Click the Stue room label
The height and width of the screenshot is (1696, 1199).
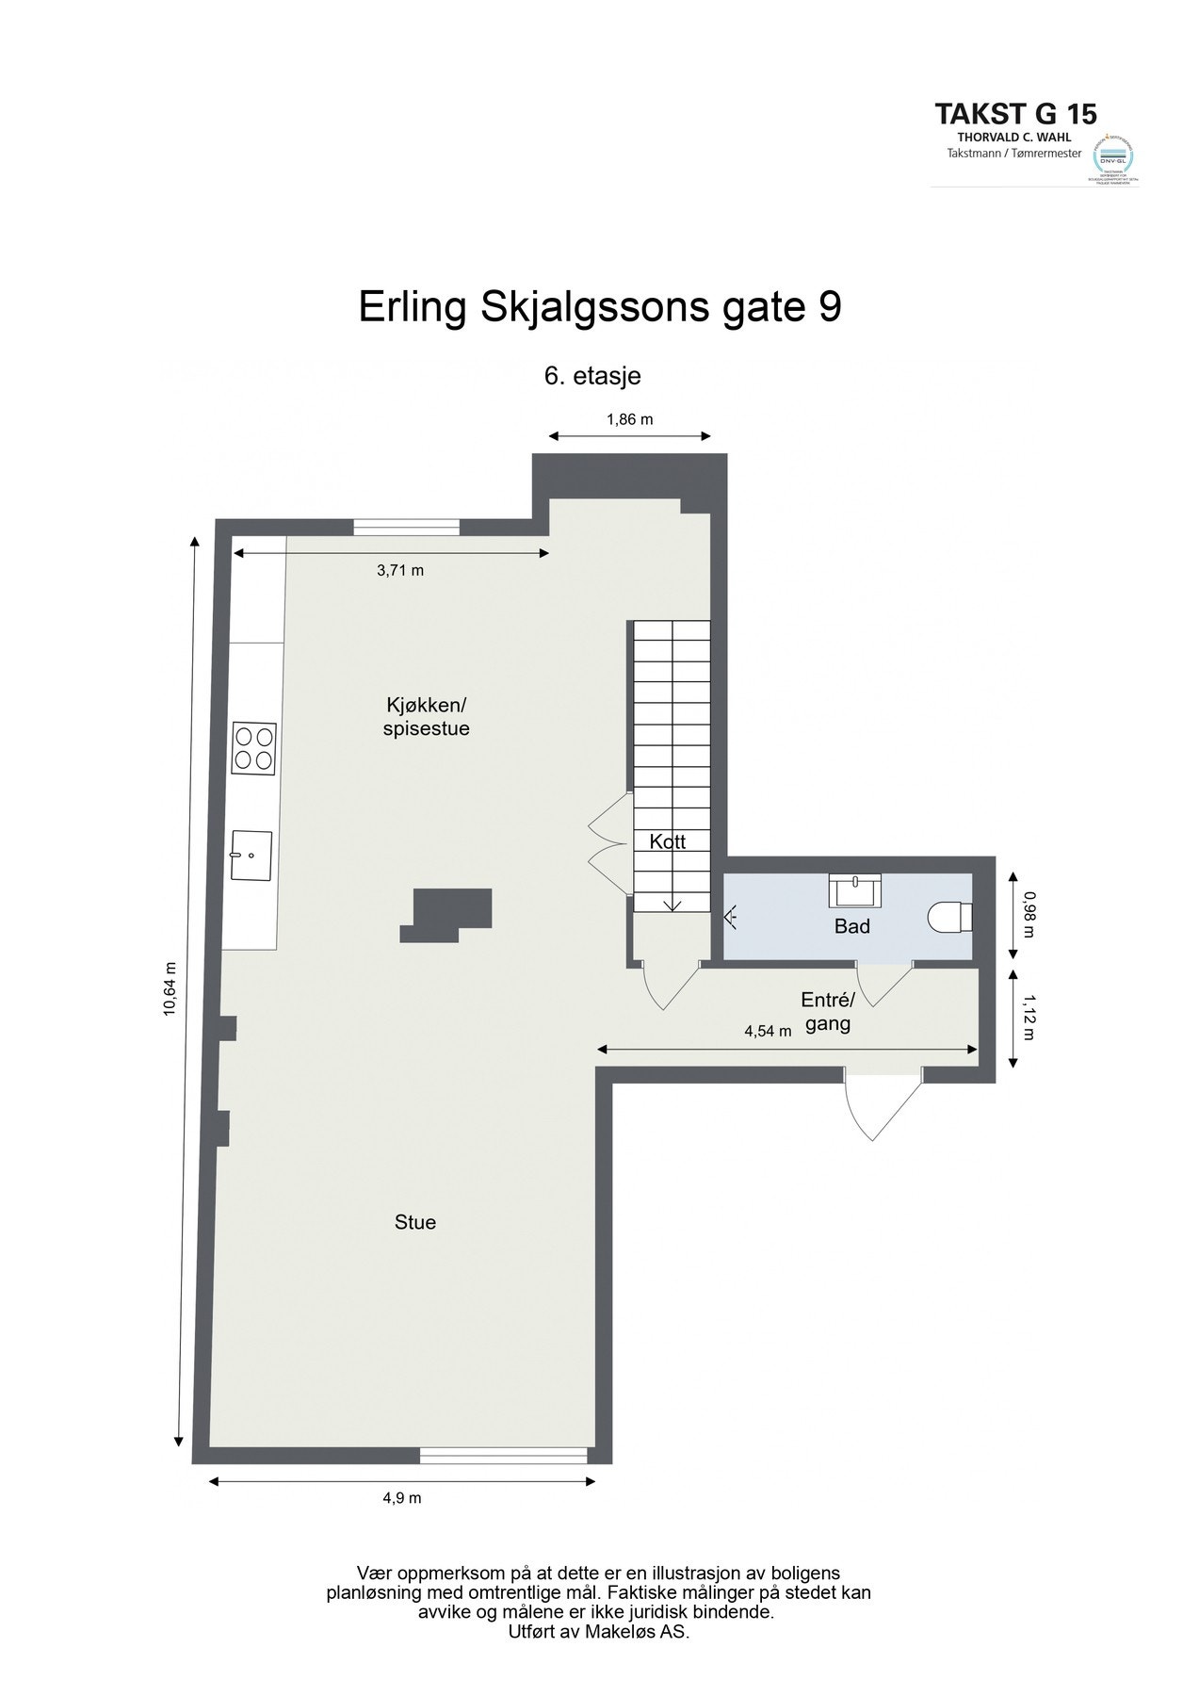tap(415, 1222)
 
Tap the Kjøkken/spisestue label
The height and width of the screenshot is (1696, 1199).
tap(426, 716)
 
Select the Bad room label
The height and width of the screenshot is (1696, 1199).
tap(851, 926)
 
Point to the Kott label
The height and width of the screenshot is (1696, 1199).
tap(667, 842)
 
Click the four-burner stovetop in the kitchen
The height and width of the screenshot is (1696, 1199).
tap(253, 748)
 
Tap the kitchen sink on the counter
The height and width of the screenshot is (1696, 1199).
tap(251, 855)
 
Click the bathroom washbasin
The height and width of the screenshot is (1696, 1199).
tap(854, 888)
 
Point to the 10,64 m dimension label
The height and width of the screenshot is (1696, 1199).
tap(170, 988)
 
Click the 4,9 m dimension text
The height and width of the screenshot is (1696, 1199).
tap(403, 1498)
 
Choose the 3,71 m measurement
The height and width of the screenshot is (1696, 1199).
tap(400, 570)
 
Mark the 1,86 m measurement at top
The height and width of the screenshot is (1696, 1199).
tap(630, 419)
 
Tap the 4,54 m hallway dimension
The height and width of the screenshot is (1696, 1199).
tap(768, 1031)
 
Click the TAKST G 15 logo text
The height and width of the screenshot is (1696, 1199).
tap(1015, 115)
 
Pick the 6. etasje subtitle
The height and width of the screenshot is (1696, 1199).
tap(593, 375)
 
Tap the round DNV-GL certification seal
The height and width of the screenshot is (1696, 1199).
tap(1112, 156)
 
